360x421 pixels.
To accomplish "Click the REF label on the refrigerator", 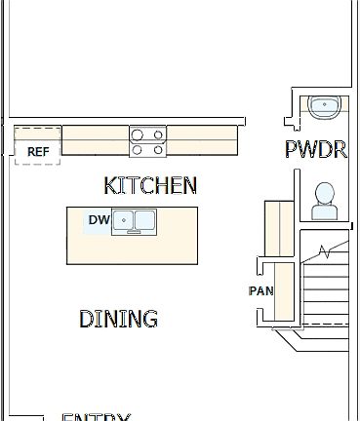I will point(38,152).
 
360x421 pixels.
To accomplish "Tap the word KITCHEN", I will point(150,185).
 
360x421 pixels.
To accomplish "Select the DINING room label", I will point(118,319).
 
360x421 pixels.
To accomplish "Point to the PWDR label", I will point(316,150).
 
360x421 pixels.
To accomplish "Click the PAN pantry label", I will point(260,291).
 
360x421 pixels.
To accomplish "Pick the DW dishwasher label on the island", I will point(99,220).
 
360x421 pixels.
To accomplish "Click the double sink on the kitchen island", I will point(135,221).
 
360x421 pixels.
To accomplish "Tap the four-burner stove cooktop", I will point(147,142).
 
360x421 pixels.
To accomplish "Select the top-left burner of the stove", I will point(139,135).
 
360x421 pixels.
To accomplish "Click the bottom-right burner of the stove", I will point(156,150).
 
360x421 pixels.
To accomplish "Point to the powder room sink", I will point(322,105).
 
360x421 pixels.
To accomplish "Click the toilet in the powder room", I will point(324,201).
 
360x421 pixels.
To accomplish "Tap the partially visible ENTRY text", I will point(96,416).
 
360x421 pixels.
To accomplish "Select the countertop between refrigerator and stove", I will point(96,140).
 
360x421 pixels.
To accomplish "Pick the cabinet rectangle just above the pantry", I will point(279,229).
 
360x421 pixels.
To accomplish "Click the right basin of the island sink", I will point(144,221).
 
